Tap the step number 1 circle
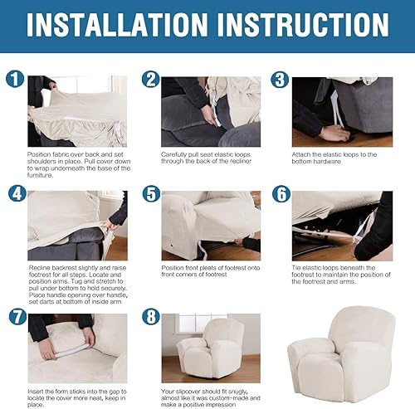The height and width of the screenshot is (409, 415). coord(13,80)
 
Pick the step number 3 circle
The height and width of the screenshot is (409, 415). coord(281,80)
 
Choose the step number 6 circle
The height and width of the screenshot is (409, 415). coord(281,194)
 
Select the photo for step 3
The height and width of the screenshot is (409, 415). coord(343,111)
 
